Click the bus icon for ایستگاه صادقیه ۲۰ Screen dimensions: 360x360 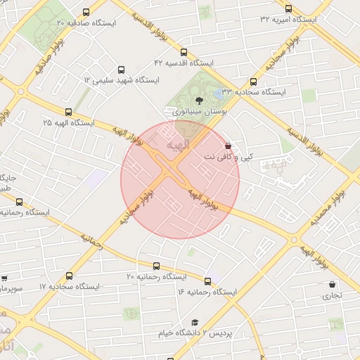click(x=86, y=12)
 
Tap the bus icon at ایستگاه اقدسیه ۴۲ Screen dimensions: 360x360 click(x=184, y=52)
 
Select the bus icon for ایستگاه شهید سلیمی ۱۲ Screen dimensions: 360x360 click(x=122, y=70)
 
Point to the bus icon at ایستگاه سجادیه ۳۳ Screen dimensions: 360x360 click(x=253, y=82)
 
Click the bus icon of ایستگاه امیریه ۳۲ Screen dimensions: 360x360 click(x=288, y=8)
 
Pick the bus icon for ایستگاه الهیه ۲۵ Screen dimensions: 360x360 click(x=68, y=112)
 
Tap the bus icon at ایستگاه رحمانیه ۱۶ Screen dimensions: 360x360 click(x=207, y=281)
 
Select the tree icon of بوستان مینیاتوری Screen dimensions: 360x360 click(x=198, y=100)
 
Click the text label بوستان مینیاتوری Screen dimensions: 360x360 click(x=196, y=111)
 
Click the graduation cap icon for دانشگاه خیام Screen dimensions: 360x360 click(x=195, y=322)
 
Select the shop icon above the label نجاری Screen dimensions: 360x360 click(x=331, y=285)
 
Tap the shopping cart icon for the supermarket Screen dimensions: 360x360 click(x=4, y=278)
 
